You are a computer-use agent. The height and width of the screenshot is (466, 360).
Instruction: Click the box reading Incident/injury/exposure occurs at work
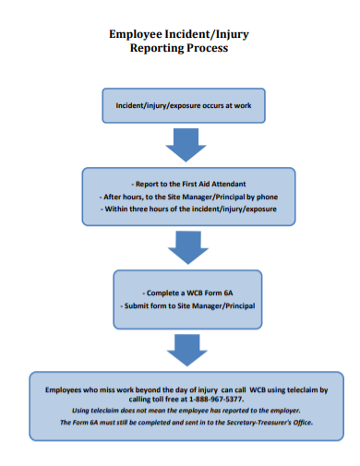183,106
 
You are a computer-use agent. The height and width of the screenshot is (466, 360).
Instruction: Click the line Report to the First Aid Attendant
188,184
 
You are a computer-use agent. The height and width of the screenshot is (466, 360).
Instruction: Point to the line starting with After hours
187,197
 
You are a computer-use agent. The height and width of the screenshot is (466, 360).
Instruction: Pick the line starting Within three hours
187,209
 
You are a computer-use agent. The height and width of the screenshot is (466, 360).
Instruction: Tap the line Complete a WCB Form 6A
187,293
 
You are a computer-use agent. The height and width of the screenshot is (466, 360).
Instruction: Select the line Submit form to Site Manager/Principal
187,305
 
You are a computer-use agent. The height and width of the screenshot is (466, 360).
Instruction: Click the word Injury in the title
231,34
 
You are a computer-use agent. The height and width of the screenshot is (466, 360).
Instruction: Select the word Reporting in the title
155,49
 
